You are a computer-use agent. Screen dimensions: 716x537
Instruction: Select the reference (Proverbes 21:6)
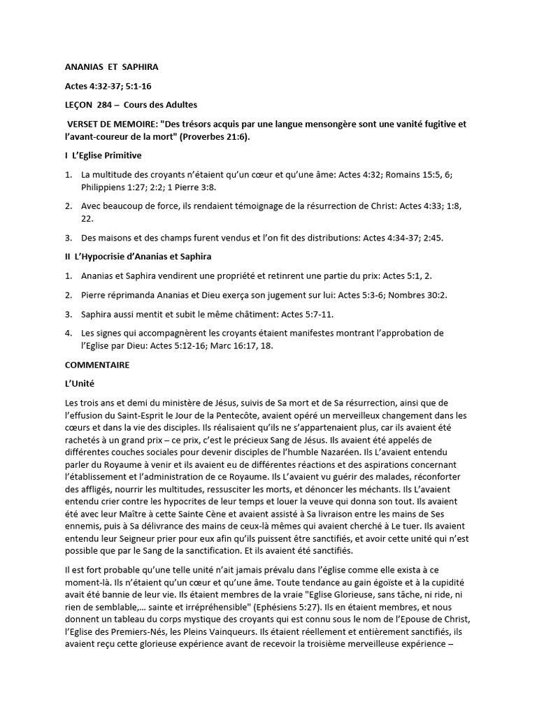pos(214,136)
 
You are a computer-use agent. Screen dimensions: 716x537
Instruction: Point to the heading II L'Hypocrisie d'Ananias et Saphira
pos(138,257)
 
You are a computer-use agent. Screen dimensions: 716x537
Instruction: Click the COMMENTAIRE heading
pos(96,365)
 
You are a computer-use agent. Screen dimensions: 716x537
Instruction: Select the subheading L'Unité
pos(79,384)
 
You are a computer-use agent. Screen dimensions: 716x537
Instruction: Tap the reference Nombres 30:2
pos(396,295)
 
